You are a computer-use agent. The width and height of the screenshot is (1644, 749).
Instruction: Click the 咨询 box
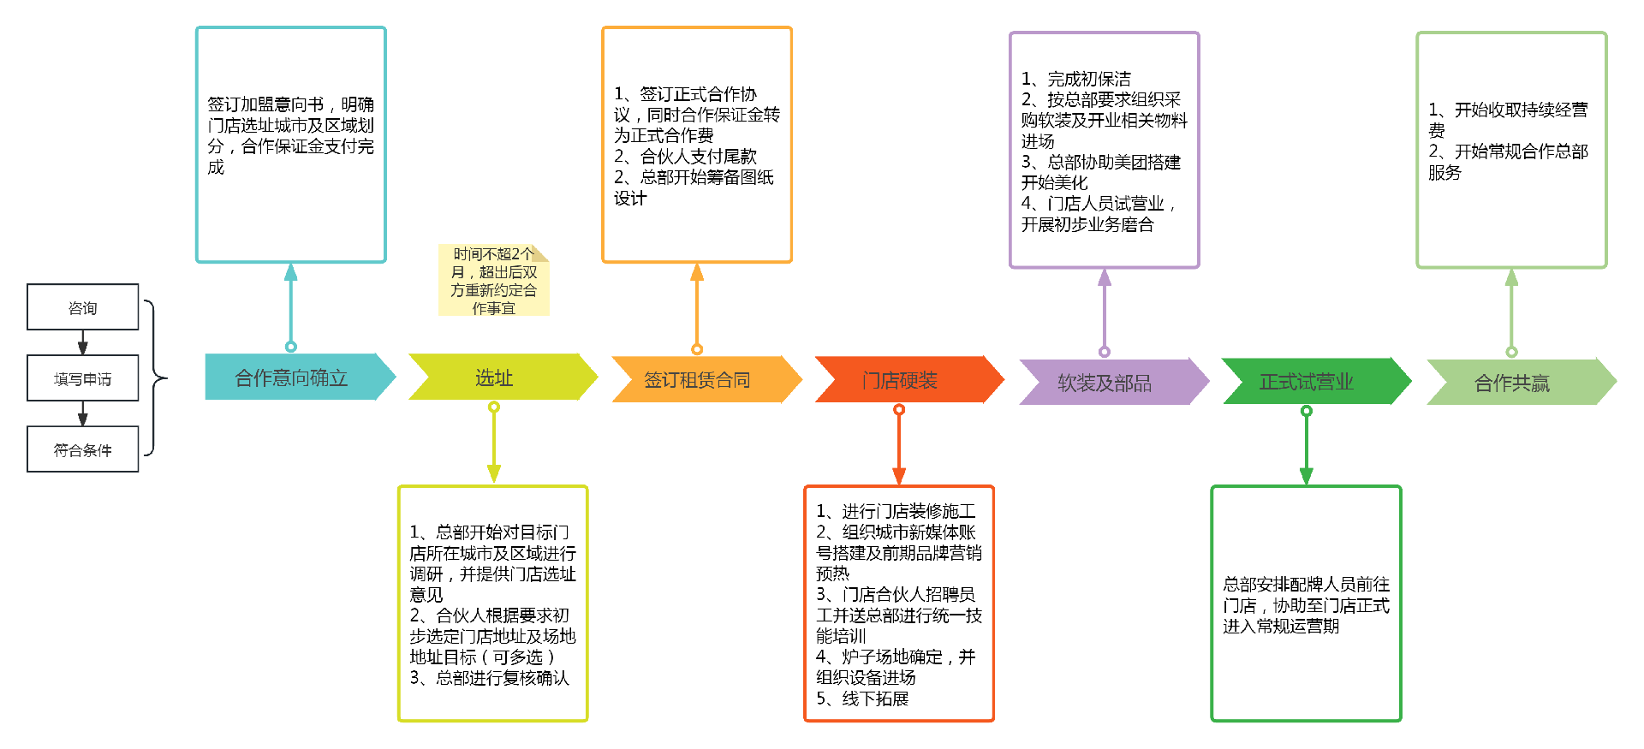[x=82, y=307]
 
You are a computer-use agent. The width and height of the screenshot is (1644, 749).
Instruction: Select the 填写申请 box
[x=82, y=378]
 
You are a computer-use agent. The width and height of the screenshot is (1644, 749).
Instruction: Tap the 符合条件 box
[x=82, y=449]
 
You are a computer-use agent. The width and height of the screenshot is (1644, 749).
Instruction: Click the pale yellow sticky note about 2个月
[x=493, y=281]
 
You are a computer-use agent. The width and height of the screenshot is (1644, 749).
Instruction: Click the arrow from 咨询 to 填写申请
[x=83, y=342]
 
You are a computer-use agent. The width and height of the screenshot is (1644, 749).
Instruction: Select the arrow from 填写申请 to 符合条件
[x=83, y=413]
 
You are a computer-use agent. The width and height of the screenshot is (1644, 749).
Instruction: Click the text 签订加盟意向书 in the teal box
[x=265, y=104]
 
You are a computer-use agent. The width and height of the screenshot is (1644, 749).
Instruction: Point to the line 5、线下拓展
[x=862, y=698]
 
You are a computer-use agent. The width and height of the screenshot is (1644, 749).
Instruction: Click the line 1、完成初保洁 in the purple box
[x=1076, y=79]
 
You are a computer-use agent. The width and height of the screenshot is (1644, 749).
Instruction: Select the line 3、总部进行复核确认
[x=489, y=678]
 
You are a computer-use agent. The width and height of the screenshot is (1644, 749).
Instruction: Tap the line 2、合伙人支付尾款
[x=685, y=157]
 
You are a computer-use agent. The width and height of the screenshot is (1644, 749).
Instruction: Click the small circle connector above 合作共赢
[x=1511, y=352]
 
